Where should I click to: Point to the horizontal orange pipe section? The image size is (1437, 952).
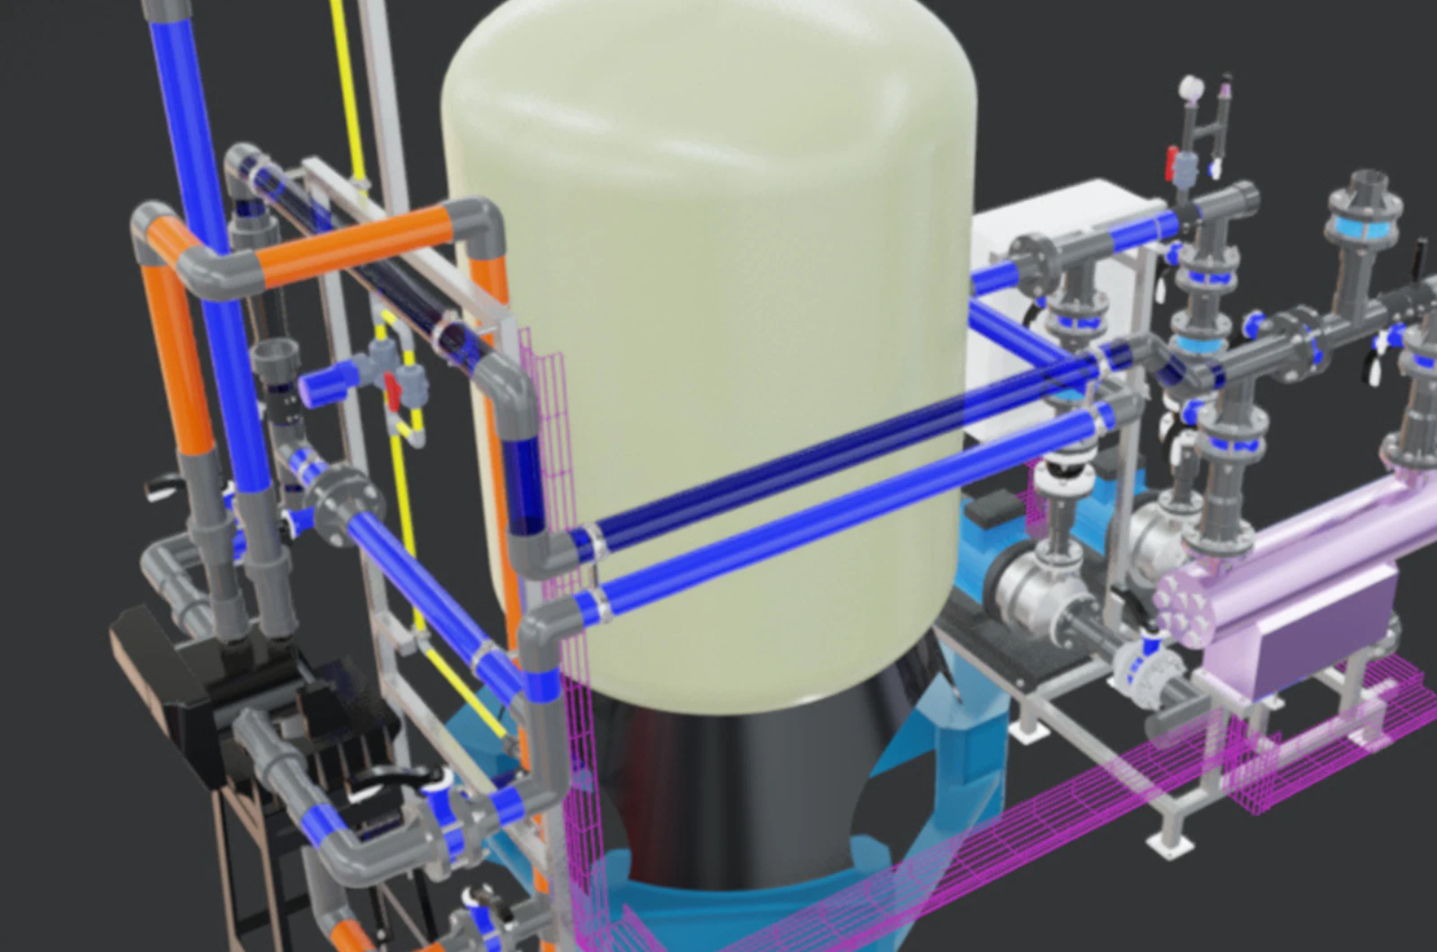[359, 242]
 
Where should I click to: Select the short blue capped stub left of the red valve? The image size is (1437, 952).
[319, 387]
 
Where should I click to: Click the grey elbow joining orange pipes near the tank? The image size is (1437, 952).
[476, 225]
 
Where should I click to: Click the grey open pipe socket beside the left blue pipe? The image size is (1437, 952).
[242, 180]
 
